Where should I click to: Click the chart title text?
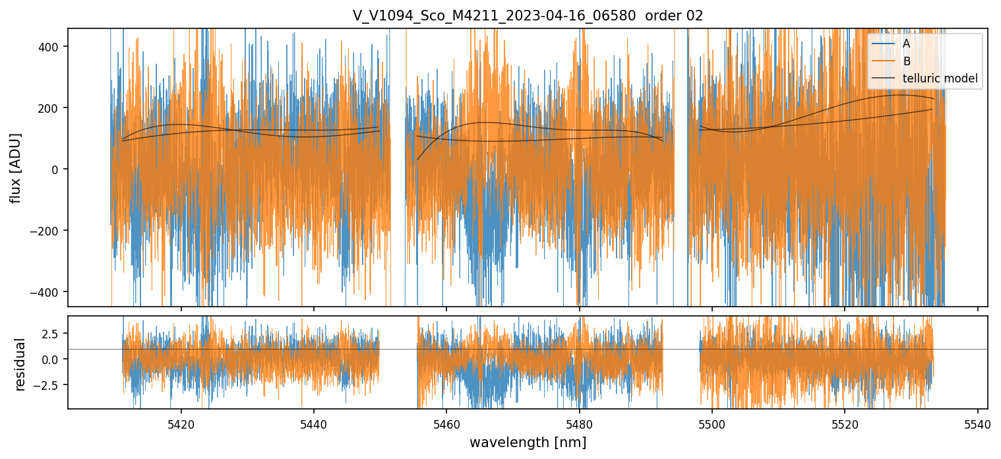[x=528, y=16]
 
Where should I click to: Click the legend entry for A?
[x=906, y=44]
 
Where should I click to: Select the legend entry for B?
[x=906, y=61]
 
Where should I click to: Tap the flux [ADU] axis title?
[x=15, y=168]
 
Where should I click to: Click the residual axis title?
[x=20, y=364]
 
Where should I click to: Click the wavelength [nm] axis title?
[x=528, y=442]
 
